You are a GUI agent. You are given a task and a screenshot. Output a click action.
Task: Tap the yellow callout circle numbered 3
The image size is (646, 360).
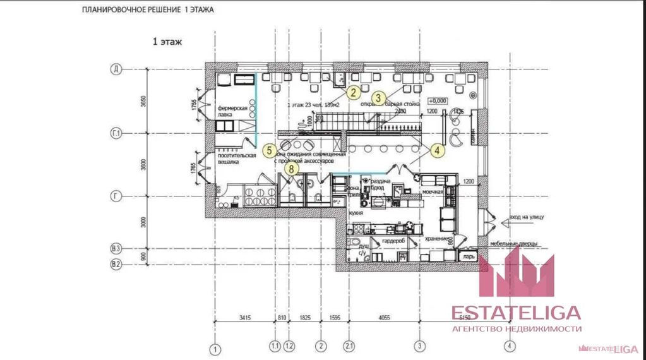click(x=378, y=97)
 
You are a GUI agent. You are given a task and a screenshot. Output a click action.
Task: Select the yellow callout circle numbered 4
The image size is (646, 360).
click(x=436, y=150)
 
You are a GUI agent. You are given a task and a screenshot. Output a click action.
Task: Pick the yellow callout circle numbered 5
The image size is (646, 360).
click(x=269, y=150)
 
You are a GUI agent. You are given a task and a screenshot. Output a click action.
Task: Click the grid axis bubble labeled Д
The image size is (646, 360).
click(x=116, y=69)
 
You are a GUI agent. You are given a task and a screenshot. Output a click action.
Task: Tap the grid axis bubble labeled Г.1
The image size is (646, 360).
click(x=116, y=133)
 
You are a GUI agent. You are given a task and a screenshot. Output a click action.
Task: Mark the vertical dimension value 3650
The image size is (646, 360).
click(x=144, y=101)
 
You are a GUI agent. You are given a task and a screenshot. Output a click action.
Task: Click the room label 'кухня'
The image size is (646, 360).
click(x=356, y=213)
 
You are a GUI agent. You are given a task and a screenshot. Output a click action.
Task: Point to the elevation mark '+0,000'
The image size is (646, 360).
click(x=437, y=100)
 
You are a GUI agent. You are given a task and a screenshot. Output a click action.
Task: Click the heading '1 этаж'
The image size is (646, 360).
click(x=167, y=42)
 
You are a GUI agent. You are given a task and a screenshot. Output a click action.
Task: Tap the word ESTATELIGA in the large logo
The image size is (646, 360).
click(x=516, y=313)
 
